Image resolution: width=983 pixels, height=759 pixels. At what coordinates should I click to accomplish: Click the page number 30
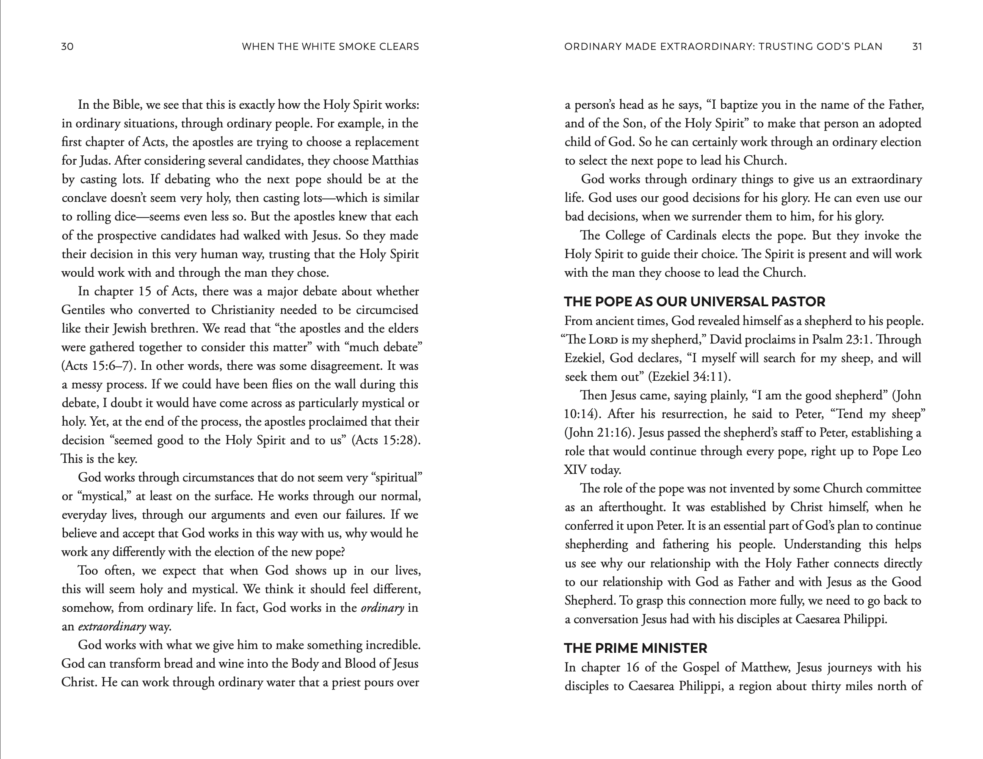[67, 47]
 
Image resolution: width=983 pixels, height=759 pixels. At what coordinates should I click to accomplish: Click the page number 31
[917, 47]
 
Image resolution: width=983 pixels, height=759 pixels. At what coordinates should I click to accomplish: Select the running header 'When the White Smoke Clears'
[330, 47]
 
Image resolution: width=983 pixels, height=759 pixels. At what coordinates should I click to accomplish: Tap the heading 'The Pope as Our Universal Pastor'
[694, 301]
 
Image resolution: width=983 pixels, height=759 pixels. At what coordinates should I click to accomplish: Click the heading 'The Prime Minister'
[635, 648]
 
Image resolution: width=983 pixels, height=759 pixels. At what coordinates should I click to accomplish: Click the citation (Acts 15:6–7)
[99, 366]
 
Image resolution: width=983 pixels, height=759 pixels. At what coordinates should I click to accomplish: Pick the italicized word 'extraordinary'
[112, 627]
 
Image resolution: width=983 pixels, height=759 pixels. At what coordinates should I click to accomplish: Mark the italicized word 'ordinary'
[382, 608]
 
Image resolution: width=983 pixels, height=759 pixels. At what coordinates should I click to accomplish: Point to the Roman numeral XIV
[575, 470]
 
